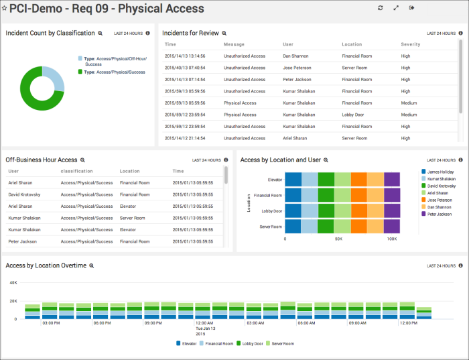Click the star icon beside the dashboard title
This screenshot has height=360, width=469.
click(5, 8)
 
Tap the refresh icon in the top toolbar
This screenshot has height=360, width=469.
click(380, 8)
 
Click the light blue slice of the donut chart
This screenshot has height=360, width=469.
click(56, 78)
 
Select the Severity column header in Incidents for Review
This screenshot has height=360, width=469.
click(411, 44)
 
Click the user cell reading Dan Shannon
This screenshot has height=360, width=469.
click(295, 56)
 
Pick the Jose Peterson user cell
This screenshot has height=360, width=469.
click(297, 68)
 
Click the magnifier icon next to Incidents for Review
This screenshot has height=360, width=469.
click(224, 33)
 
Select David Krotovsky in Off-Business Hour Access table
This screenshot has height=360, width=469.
click(27, 194)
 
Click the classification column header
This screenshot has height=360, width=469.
click(76, 171)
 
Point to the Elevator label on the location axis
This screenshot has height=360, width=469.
click(275, 180)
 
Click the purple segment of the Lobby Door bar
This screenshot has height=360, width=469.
click(392, 211)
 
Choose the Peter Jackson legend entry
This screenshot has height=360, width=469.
click(440, 214)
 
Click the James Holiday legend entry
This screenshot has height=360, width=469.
click(441, 172)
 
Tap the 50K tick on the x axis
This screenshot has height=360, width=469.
click(338, 239)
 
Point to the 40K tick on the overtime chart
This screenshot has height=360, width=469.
click(12, 282)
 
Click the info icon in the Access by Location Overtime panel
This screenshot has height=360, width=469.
click(460, 265)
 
